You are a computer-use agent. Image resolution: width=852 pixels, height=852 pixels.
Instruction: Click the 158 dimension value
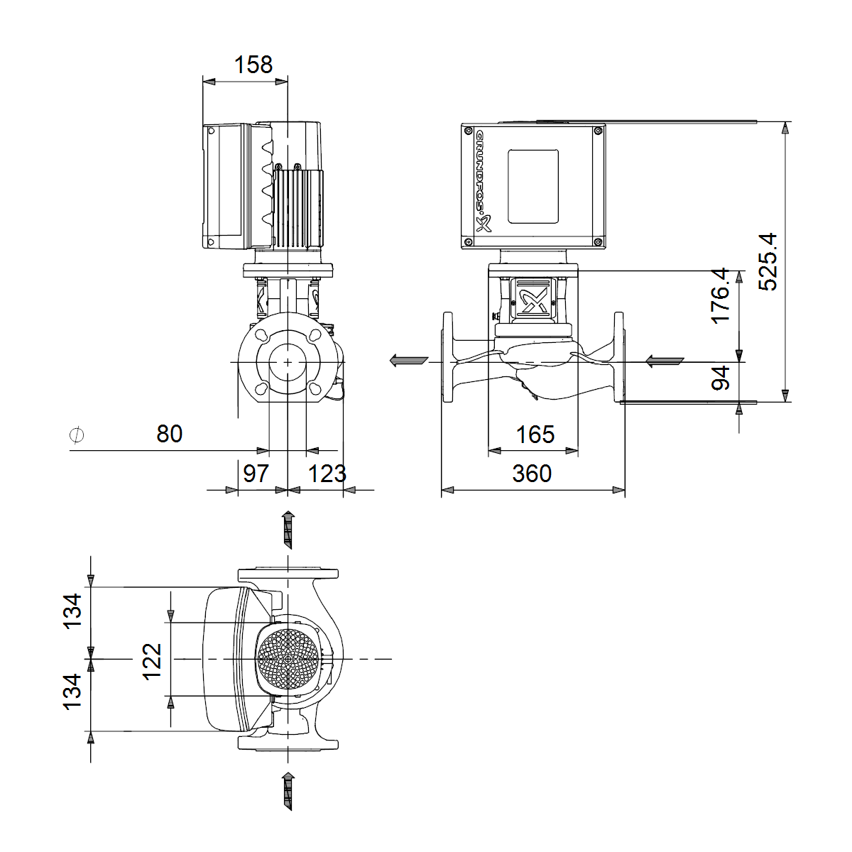[x=253, y=65]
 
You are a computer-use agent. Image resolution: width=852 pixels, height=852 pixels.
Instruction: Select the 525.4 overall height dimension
[x=768, y=262]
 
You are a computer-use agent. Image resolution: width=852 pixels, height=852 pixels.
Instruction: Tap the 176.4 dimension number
[x=720, y=295]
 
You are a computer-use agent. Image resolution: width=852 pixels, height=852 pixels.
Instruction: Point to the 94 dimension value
[x=720, y=378]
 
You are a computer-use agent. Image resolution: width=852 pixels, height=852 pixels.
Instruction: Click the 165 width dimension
[x=535, y=435]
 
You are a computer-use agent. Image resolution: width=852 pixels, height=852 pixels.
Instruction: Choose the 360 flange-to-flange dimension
[x=532, y=474]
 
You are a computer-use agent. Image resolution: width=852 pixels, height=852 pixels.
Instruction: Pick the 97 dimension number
[x=256, y=474]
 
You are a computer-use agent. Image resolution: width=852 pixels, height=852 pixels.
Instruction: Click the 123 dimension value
[x=327, y=474]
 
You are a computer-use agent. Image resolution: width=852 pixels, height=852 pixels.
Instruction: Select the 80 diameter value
[x=170, y=434]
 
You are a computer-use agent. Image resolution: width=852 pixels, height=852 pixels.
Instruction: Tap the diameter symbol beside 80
[x=77, y=435]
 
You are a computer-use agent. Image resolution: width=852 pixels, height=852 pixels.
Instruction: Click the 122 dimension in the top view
[x=152, y=662]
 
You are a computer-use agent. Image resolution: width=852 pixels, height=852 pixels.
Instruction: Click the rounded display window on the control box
[x=532, y=186]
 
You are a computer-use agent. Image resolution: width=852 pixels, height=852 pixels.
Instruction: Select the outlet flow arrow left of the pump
[x=409, y=361]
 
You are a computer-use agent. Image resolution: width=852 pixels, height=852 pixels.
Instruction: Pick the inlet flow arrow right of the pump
[x=665, y=361]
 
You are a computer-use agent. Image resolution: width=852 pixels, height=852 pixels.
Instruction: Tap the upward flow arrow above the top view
[x=288, y=530]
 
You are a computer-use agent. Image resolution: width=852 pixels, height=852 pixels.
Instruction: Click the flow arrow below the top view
[x=288, y=792]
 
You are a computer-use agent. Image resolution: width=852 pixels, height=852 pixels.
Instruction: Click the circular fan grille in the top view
[x=288, y=659]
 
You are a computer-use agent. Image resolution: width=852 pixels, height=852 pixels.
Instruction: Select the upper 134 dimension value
[x=72, y=611]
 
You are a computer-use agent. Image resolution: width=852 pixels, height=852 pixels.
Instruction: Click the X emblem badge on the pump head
[x=532, y=300]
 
